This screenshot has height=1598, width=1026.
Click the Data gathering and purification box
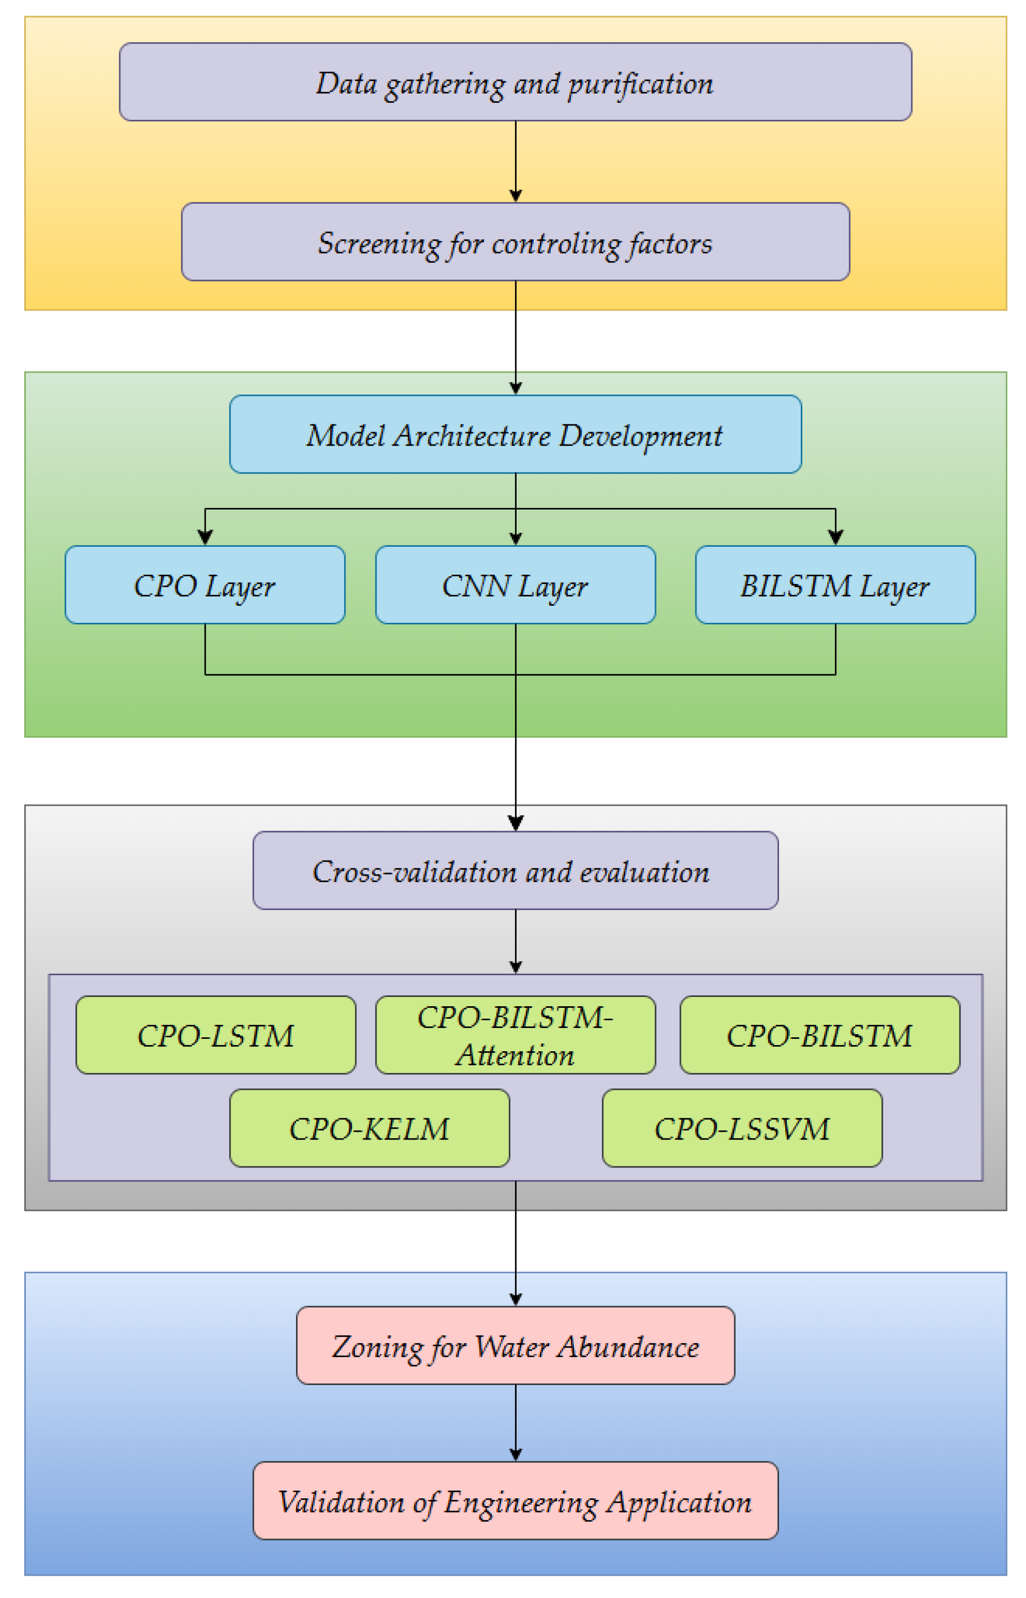(515, 82)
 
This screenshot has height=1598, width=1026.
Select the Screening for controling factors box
(515, 242)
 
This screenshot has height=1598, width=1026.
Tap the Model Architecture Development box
(515, 435)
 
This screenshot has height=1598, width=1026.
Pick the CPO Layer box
(205, 585)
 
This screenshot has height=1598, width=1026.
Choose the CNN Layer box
(515, 585)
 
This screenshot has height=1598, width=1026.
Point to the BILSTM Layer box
(835, 585)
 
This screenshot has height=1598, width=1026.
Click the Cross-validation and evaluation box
(515, 870)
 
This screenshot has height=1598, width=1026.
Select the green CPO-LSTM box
(215, 1035)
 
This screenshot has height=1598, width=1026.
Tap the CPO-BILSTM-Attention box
(515, 1035)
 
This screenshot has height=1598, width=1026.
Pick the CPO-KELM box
(369, 1128)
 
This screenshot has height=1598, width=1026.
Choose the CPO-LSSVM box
(741, 1128)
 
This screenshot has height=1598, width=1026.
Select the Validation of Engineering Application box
(515, 1501)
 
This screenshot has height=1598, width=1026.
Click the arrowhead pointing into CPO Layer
(205, 537)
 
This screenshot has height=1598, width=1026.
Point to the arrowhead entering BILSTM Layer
(835, 537)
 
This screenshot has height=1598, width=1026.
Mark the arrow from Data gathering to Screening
(516, 160)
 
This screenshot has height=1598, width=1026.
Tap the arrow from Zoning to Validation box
(516, 1423)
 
